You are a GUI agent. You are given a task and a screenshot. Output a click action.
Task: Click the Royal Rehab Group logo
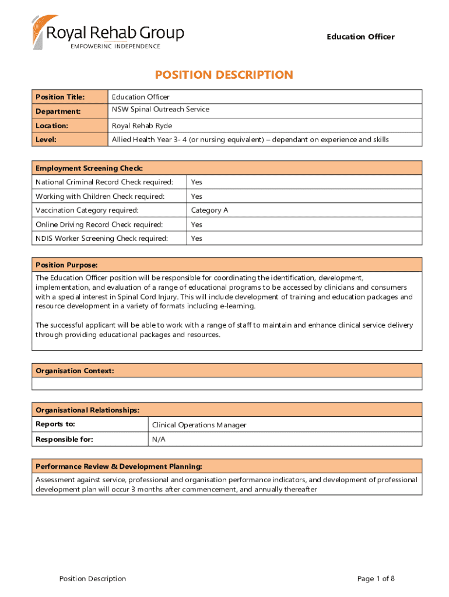coord(108,33)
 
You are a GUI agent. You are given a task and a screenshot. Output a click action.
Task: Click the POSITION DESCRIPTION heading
coord(224,75)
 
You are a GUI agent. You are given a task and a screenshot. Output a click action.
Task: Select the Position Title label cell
coord(60,97)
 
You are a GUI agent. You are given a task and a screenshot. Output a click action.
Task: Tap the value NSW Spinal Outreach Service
coord(160,110)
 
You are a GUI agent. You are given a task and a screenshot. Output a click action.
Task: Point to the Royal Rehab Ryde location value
coord(142,125)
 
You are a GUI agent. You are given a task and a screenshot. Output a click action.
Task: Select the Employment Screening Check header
coord(89,168)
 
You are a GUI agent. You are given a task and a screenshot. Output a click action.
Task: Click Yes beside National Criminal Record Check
coord(197,182)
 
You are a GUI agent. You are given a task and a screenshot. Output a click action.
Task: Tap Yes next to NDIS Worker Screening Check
coord(197,238)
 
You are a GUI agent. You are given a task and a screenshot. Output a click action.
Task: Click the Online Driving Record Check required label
coord(99,224)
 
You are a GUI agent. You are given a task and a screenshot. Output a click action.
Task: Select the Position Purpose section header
coord(66,265)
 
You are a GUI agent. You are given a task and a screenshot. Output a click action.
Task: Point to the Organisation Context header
coord(75,371)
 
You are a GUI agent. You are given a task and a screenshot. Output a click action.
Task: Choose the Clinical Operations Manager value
coord(199,425)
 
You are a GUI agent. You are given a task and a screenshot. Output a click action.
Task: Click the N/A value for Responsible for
coord(159,440)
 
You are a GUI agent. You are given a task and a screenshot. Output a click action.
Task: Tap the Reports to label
coord(55,424)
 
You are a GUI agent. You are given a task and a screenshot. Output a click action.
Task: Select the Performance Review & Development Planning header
coord(119,466)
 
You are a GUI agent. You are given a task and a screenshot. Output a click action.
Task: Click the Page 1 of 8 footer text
coord(376,578)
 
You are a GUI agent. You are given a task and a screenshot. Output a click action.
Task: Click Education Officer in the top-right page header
coord(360,37)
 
